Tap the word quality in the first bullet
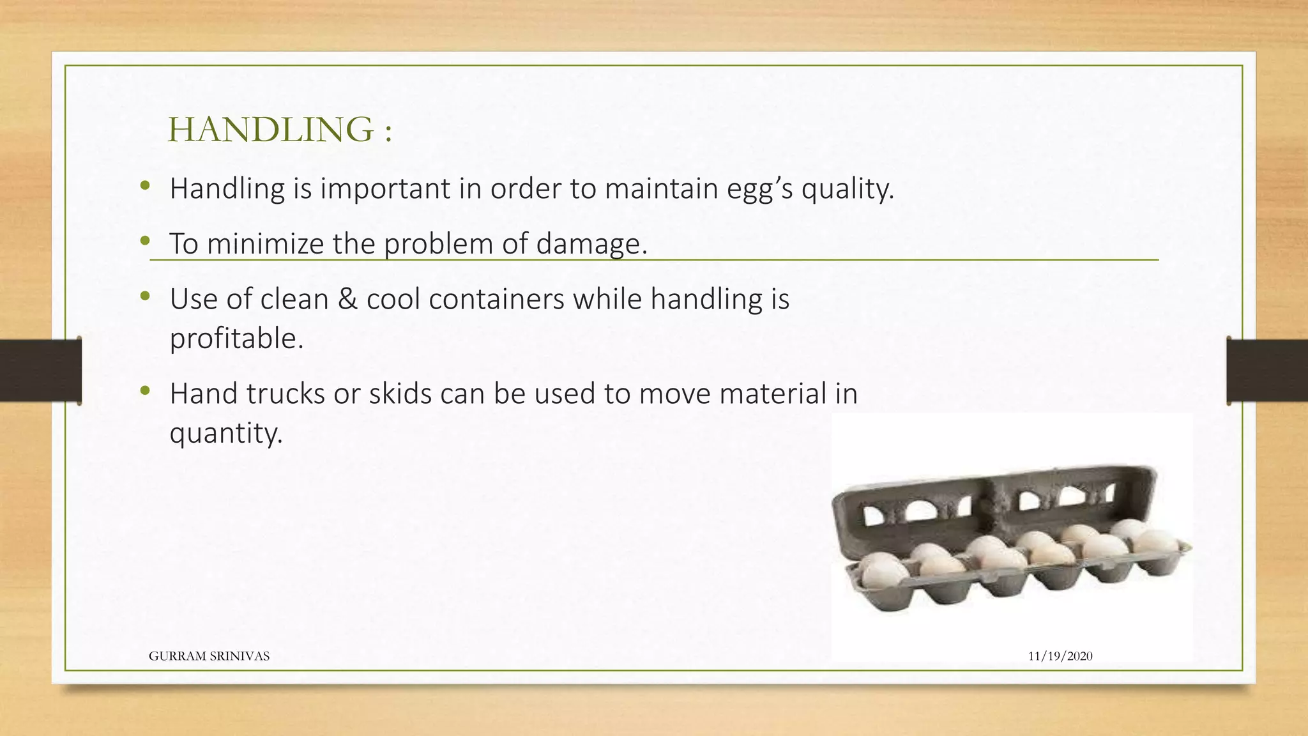846,188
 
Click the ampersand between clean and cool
347,299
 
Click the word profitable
236,339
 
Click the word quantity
225,433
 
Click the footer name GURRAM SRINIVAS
209,656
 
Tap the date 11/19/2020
1060,656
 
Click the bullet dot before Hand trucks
145,390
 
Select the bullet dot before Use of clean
145,296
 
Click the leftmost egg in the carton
883,571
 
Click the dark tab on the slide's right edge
1267,371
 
